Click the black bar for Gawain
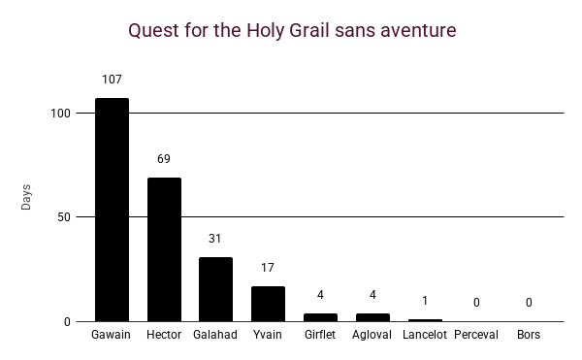[112, 210]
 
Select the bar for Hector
[164, 249]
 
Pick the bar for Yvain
[269, 304]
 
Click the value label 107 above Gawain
[112, 80]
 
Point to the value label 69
[164, 159]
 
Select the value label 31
[216, 239]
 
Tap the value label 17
[269, 268]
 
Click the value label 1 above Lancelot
[425, 301]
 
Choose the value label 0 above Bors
[529, 303]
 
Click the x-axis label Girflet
[321, 335]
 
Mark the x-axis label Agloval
[372, 335]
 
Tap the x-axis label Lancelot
[425, 335]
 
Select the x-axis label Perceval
[476, 335]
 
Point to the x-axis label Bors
[529, 335]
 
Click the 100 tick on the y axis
[61, 114]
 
